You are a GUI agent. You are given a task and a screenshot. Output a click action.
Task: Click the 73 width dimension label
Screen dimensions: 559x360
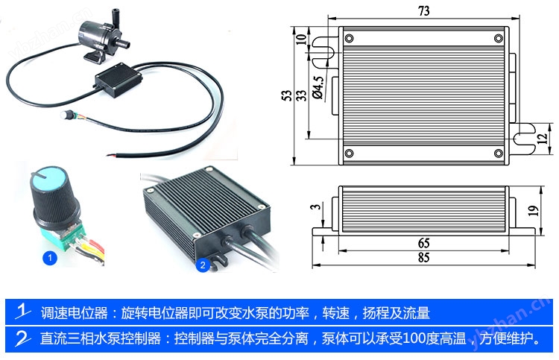tap(423, 11)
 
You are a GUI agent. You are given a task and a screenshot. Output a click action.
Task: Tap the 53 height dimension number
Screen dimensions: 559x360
tap(287, 95)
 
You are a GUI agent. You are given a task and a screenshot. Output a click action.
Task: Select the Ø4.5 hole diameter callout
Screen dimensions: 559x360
tap(318, 87)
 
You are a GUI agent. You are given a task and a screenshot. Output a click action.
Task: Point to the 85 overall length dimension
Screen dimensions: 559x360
tap(423, 257)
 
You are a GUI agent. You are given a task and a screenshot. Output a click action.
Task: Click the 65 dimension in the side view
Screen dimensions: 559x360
tap(423, 243)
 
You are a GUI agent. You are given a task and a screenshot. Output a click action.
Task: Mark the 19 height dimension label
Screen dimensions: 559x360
tap(533, 211)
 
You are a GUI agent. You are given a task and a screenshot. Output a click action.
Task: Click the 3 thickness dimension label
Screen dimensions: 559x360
tap(316, 206)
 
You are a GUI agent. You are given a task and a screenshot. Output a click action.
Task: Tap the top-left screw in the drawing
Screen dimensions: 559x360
tap(349, 38)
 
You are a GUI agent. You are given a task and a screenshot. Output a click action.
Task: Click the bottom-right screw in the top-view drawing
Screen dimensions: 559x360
tap(499, 153)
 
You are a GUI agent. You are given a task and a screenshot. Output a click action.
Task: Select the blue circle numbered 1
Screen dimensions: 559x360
tap(49, 258)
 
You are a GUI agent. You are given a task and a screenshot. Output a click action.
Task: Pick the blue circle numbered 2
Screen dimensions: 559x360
tap(203, 265)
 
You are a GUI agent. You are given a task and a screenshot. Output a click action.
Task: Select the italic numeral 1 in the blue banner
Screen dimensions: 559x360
tap(22, 311)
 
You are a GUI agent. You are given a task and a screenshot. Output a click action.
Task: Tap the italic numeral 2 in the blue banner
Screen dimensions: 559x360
tap(22, 338)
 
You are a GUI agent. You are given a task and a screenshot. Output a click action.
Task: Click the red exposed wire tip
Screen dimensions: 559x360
tap(111, 155)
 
